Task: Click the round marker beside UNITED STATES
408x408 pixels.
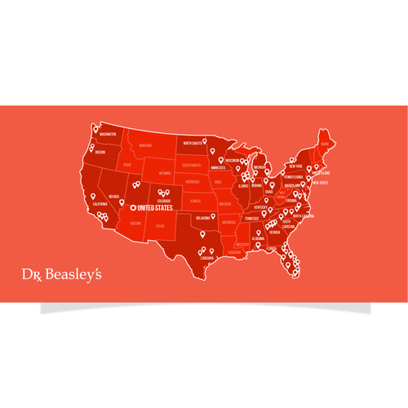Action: pyautogui.click(x=134, y=208)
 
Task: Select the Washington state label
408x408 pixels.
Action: pyautogui.click(x=106, y=135)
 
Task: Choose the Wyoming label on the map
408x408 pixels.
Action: pyautogui.click(x=165, y=173)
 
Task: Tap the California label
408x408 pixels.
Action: pyautogui.click(x=100, y=204)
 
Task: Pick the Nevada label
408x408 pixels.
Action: pyautogui.click(x=114, y=197)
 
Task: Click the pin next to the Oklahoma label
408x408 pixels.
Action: pyautogui.click(x=212, y=216)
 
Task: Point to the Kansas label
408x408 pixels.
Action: pyautogui.click(x=195, y=199)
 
